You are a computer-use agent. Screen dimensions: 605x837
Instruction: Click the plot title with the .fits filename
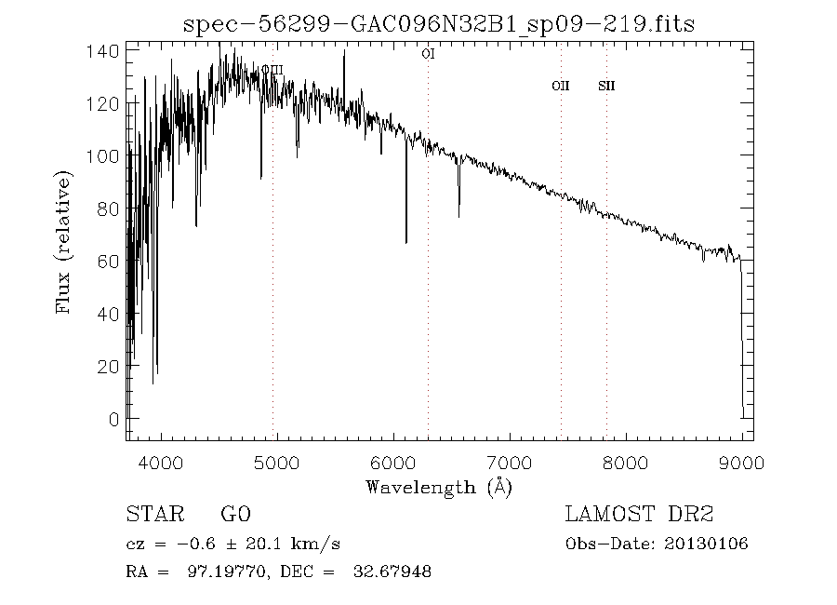[440, 23]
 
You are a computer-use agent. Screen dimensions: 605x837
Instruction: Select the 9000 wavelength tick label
[741, 461]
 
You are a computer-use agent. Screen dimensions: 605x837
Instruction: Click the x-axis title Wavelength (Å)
[439, 486]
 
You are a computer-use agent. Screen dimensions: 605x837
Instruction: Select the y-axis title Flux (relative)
[64, 242]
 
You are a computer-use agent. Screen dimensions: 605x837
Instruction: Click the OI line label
[428, 54]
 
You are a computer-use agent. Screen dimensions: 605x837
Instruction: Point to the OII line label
[560, 86]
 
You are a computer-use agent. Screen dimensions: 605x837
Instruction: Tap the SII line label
[606, 86]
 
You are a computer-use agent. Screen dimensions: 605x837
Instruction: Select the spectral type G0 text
[235, 515]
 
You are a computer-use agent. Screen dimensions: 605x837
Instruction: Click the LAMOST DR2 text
[639, 515]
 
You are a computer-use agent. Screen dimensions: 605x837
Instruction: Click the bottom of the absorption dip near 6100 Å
[406, 242]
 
